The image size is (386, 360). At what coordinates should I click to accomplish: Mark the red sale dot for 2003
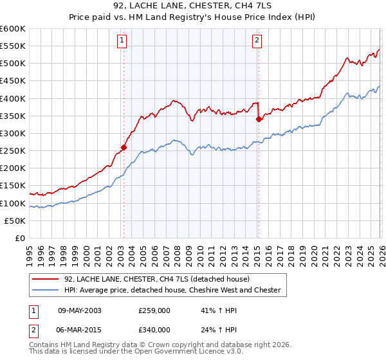click(x=124, y=147)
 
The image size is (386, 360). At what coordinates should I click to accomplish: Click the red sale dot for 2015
click(x=258, y=119)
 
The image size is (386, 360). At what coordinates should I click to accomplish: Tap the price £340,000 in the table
click(x=154, y=329)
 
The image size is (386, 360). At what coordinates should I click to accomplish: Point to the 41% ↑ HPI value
click(x=215, y=310)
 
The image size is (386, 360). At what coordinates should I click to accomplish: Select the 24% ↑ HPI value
click(x=215, y=329)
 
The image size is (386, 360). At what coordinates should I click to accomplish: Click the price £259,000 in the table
click(x=154, y=310)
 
